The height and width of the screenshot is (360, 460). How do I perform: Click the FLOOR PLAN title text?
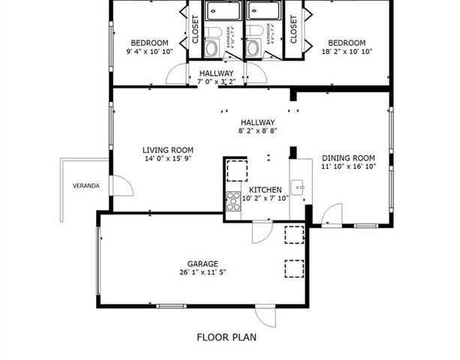pos(227,337)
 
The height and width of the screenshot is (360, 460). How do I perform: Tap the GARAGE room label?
pos(203,263)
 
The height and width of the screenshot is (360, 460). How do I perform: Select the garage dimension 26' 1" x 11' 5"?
pos(203,272)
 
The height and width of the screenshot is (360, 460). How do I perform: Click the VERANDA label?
pos(86,185)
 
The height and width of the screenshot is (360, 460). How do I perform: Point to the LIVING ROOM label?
pos(169,149)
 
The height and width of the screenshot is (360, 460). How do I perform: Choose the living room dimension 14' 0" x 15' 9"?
pos(169,158)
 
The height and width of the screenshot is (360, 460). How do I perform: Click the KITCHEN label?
pos(265,190)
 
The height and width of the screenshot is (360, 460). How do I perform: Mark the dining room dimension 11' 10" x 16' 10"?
pos(348,166)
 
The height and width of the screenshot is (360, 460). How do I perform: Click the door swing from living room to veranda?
pos(118,184)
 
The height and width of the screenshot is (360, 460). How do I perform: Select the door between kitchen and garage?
pos(260,232)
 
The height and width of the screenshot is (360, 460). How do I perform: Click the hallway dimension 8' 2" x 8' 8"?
pos(257,131)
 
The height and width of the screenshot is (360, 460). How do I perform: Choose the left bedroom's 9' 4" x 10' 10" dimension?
pos(149,52)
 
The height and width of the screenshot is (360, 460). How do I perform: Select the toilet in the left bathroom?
pos(213,46)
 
